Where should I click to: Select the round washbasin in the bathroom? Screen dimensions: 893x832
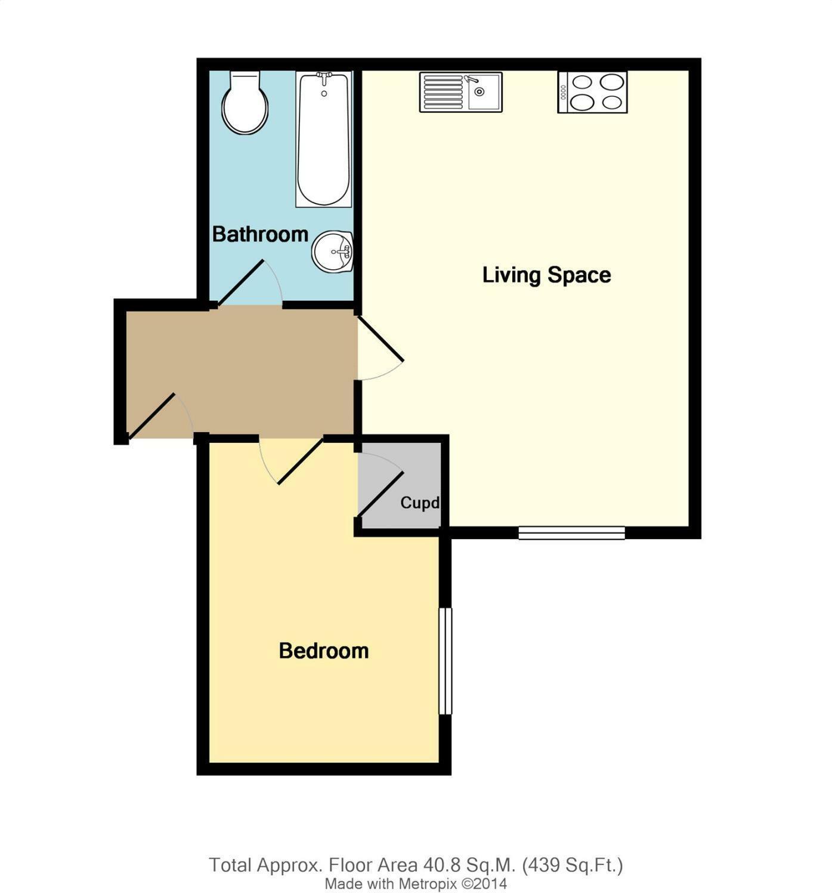coord(333,251)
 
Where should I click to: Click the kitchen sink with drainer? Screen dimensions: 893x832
coord(460,92)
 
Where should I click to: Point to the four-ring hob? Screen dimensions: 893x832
coord(592,92)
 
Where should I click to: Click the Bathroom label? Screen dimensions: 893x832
coord(260,234)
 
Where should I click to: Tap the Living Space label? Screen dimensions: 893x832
coord(546,275)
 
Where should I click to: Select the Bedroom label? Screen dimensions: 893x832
coord(324,650)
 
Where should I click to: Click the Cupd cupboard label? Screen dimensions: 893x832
coord(420,503)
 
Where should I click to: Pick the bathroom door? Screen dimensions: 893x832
coord(242,283)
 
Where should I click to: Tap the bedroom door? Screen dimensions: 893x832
coord(300,461)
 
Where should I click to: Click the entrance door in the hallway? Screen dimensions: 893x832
coord(152,414)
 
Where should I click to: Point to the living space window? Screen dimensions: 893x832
coord(571,532)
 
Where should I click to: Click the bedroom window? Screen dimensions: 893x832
coord(445,660)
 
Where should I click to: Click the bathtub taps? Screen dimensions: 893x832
coord(324,77)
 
